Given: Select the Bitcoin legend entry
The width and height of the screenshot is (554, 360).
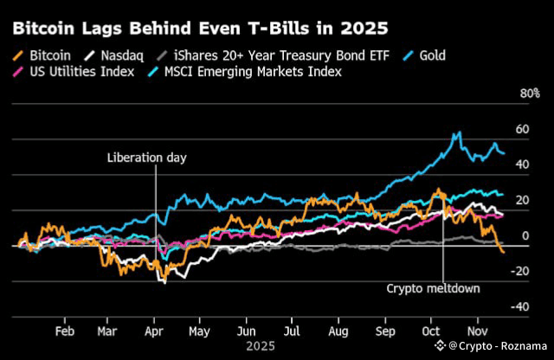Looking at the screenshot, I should point(43,55).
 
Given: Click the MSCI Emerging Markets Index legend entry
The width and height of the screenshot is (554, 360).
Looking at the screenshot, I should point(254,71).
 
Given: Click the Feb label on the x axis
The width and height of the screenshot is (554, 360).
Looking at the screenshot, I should point(63,330).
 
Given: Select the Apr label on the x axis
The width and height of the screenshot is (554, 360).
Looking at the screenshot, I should point(154,330).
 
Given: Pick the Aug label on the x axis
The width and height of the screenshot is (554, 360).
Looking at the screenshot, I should point(338,330).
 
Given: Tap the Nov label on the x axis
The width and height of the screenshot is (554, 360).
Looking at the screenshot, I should point(478,330).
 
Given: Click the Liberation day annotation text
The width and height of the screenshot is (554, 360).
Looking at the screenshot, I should point(147,157).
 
